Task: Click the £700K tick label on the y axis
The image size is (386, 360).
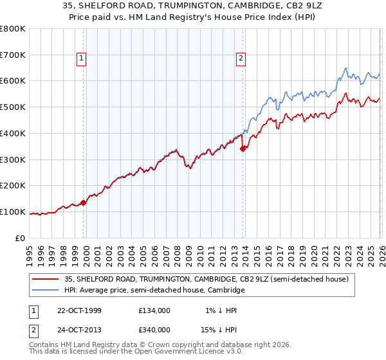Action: pos(12,55)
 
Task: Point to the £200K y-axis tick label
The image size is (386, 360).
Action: pos(12,186)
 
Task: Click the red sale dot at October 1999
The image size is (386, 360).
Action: pos(84,203)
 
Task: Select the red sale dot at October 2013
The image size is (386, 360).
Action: pos(243,148)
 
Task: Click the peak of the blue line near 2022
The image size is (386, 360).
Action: pos(346,68)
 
